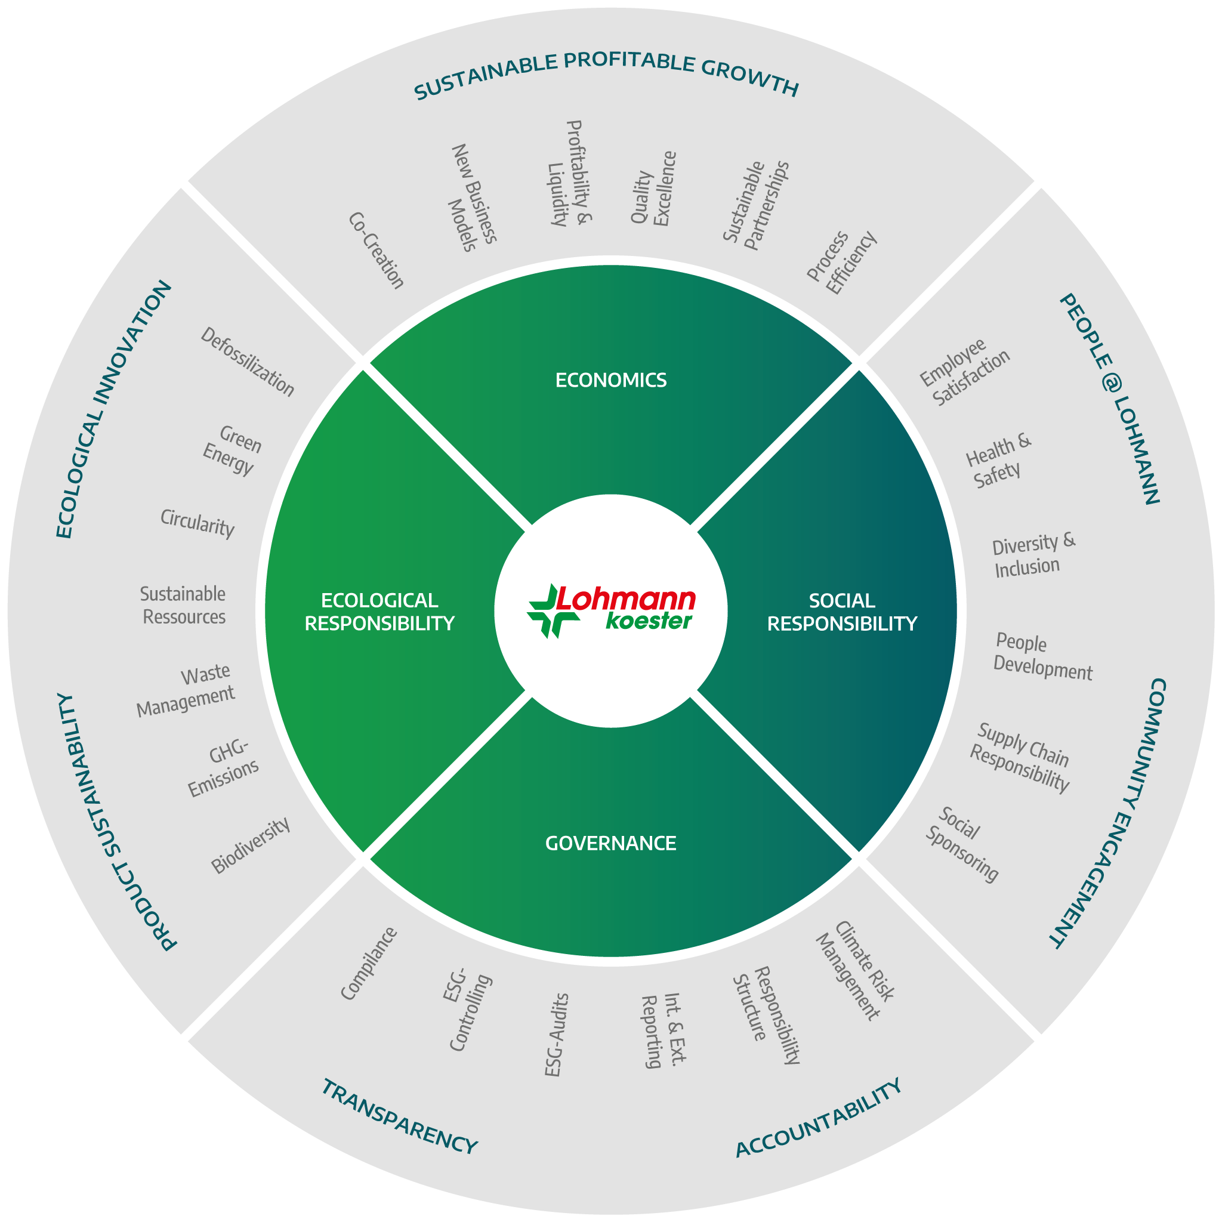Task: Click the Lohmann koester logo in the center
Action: pos(611,610)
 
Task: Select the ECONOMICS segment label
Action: pos(611,380)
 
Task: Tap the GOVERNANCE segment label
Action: pos(611,843)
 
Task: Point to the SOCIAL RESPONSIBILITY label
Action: pos(842,612)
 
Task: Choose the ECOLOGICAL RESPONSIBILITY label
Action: pos(379,612)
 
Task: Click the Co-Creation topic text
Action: pos(376,251)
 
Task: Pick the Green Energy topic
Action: pos(232,450)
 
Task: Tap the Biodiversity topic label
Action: pos(251,845)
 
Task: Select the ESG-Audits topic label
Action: pos(557,1034)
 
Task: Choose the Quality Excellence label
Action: pos(653,189)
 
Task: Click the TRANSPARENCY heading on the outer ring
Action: pos(400,1117)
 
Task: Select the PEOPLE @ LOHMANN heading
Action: pos(1109,399)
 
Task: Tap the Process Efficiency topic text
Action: pos(842,263)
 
